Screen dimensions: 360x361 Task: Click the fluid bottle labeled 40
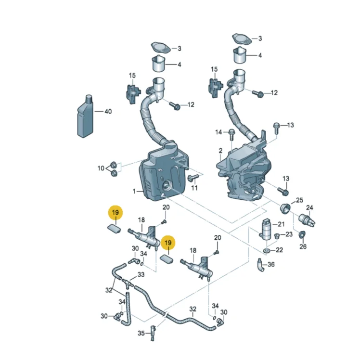tap(85, 116)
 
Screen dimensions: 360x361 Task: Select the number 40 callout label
tap(108, 112)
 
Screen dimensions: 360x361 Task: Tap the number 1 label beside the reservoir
tap(134, 191)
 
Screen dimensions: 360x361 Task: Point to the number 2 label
tap(220, 151)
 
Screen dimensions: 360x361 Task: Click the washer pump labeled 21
tap(266, 230)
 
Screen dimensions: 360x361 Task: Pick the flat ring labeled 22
tap(267, 250)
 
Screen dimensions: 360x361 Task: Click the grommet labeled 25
tap(285, 208)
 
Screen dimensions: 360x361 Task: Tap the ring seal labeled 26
tap(302, 234)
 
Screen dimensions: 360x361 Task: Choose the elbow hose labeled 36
tap(261, 265)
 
